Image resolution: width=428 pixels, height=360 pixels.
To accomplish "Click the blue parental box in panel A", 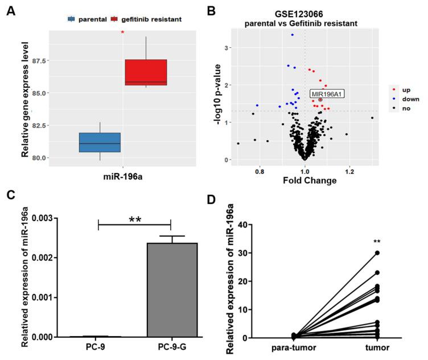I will [100, 142].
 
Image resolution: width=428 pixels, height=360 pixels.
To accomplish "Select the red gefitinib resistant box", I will [146, 72].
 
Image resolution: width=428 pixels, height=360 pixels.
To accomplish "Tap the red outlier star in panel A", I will [122, 32].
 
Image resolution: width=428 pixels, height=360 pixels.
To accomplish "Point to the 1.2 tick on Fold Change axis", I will [349, 170].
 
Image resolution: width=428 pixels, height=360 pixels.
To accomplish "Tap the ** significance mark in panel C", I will [134, 219].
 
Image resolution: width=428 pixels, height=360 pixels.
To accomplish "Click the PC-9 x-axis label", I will [99, 346].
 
